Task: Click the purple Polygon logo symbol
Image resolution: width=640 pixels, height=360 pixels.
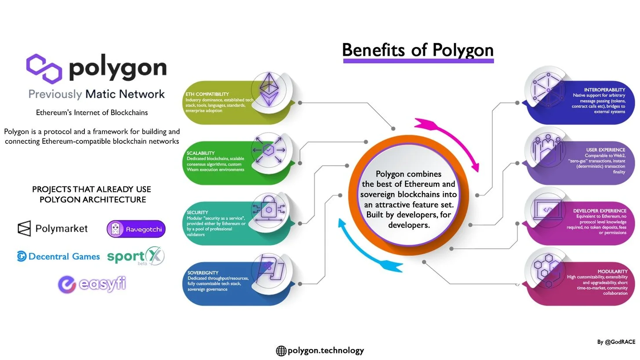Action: coord(44,68)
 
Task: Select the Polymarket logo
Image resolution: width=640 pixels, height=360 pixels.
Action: coord(53,229)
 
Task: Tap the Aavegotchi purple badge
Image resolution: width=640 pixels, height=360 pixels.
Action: coord(136,229)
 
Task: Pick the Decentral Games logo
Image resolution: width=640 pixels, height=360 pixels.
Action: coord(58,256)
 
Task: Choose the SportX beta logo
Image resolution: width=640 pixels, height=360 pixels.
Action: coord(135,256)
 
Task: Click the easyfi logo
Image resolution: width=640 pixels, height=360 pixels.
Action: coord(92,284)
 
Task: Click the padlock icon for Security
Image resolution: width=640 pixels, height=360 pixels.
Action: coord(269,210)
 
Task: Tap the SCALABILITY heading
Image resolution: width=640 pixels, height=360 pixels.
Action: coord(200,153)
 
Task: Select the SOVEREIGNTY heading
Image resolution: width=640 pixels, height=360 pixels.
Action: coord(203,273)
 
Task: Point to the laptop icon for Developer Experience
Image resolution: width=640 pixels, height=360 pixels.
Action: coord(547,210)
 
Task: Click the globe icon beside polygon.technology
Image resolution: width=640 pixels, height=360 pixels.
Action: coord(281,351)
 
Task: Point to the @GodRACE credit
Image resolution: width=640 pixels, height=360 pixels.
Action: coord(616,342)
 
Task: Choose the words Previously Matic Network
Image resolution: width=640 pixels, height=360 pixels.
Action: coord(97,94)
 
